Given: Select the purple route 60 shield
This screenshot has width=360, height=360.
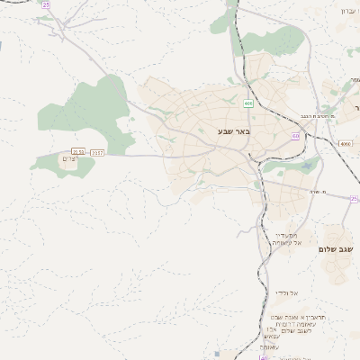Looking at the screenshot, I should pyautogui.click(x=295, y=136).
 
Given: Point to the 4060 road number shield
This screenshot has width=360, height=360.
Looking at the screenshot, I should pyautogui.click(x=346, y=143).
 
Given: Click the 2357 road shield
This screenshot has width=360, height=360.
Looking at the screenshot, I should pyautogui.click(x=97, y=153).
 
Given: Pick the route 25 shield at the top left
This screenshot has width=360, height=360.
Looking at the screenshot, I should pyautogui.click(x=46, y=4).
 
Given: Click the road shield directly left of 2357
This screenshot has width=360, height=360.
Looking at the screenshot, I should pyautogui.click(x=78, y=153).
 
